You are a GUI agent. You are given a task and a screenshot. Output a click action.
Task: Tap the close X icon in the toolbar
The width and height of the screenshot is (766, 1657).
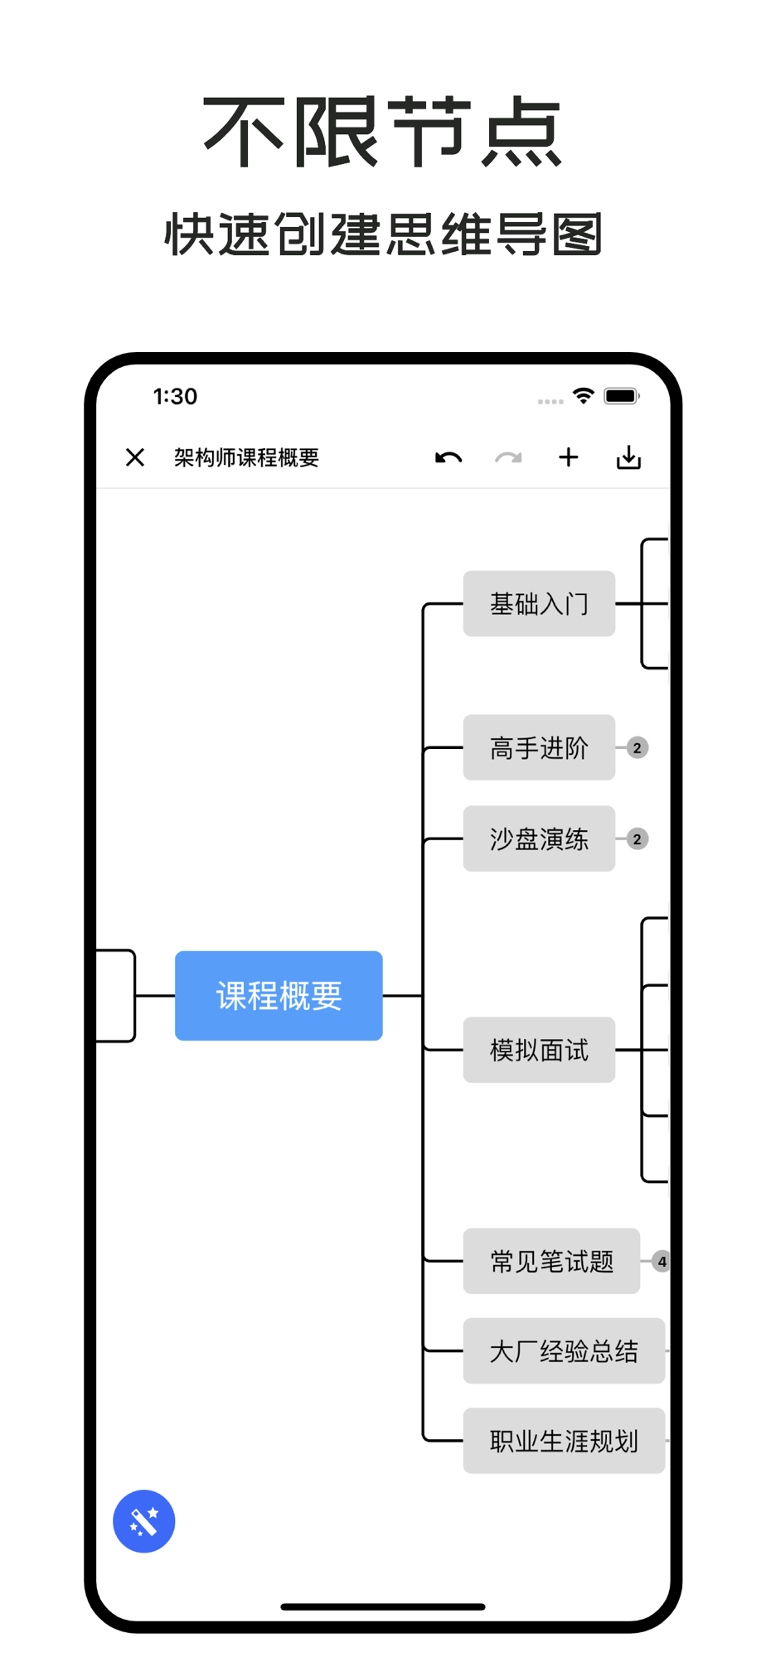click(135, 457)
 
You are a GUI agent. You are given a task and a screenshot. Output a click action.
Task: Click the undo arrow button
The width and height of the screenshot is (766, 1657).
click(448, 457)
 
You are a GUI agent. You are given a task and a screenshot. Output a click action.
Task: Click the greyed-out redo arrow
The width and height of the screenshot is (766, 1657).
click(508, 457)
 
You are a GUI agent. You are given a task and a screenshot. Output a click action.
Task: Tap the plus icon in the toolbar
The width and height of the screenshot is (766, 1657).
click(569, 457)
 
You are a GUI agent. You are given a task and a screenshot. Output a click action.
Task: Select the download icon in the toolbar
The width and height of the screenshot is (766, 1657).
click(629, 457)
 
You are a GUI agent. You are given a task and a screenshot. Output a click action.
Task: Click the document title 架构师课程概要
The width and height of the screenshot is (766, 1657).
click(246, 457)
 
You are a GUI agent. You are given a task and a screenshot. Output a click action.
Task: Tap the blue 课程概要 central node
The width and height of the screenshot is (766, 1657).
click(279, 996)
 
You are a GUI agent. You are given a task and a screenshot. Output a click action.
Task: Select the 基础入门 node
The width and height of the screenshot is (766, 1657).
click(539, 604)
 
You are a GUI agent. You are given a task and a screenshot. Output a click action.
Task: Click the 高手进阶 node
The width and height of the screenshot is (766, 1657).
click(539, 748)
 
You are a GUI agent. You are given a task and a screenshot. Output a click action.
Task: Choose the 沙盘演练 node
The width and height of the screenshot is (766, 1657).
click(539, 839)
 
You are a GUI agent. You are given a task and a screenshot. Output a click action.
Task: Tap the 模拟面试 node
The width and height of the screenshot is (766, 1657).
click(539, 1051)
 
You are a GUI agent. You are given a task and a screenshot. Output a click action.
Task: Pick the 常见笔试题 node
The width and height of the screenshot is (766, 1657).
click(551, 1262)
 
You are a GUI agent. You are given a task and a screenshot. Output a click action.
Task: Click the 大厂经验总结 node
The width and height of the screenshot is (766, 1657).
click(564, 1351)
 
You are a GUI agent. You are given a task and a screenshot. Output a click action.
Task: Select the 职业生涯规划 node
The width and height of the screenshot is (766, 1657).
click(564, 1442)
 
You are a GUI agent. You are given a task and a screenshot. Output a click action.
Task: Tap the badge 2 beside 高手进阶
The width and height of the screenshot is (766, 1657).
click(638, 748)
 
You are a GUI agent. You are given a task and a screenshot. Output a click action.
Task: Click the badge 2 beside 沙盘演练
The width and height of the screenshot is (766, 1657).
click(638, 839)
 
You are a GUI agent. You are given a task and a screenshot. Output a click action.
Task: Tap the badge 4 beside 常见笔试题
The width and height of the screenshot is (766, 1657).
click(661, 1262)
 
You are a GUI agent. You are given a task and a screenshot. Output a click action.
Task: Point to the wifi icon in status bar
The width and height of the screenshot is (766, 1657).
click(584, 396)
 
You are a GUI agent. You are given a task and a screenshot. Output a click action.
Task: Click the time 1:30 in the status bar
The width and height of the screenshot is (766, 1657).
click(175, 396)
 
